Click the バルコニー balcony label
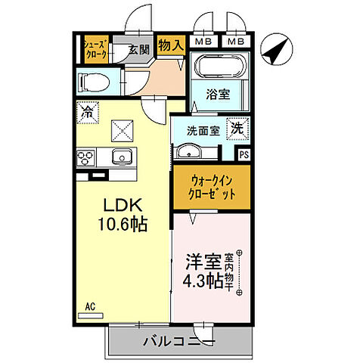point(178,342)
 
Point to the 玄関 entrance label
point(138,50)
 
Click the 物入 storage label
point(171,45)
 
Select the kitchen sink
point(119,157)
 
